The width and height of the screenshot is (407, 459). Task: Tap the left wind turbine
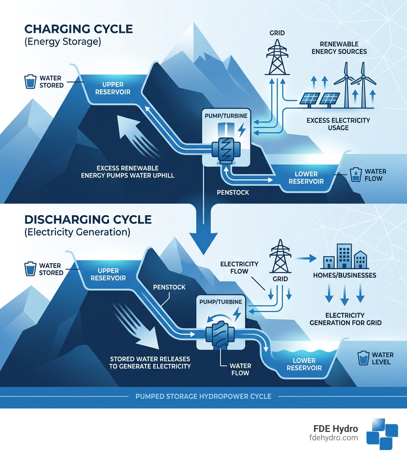(x=347, y=86)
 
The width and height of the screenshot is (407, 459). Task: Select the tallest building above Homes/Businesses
(x=344, y=256)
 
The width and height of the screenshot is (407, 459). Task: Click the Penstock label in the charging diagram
(x=233, y=193)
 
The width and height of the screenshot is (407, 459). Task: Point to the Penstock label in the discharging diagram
(x=169, y=287)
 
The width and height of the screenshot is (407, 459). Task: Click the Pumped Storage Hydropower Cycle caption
(x=203, y=396)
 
